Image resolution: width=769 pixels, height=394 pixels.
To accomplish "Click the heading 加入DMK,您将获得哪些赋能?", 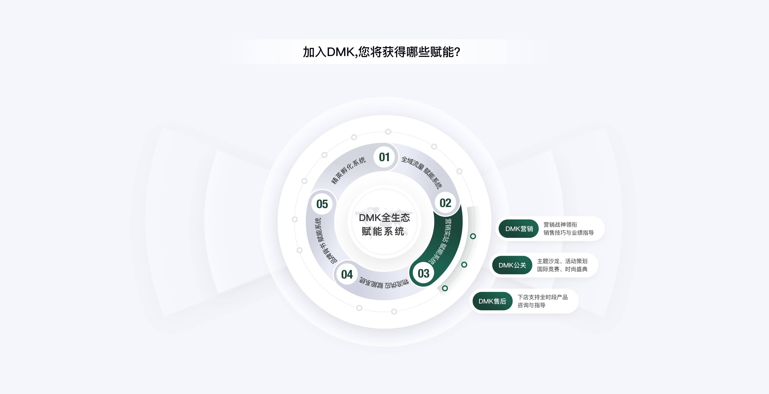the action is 381,52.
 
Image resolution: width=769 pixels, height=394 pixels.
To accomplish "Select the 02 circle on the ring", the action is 445,203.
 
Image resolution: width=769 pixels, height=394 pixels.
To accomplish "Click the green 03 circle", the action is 424,273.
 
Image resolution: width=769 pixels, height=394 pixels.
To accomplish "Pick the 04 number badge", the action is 347,274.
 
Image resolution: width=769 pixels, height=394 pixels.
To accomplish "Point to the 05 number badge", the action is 322,204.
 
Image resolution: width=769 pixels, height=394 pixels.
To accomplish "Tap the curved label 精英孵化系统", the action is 348,170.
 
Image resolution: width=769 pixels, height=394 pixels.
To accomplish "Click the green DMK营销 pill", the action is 519,229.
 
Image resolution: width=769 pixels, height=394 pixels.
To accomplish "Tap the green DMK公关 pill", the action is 512,265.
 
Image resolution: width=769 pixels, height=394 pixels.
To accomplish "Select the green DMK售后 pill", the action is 492,301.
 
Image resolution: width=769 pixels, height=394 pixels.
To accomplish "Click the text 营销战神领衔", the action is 560,224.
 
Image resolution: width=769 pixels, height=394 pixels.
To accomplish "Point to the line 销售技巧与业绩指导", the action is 568,232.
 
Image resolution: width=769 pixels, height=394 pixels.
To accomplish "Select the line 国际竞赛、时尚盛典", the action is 562,269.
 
